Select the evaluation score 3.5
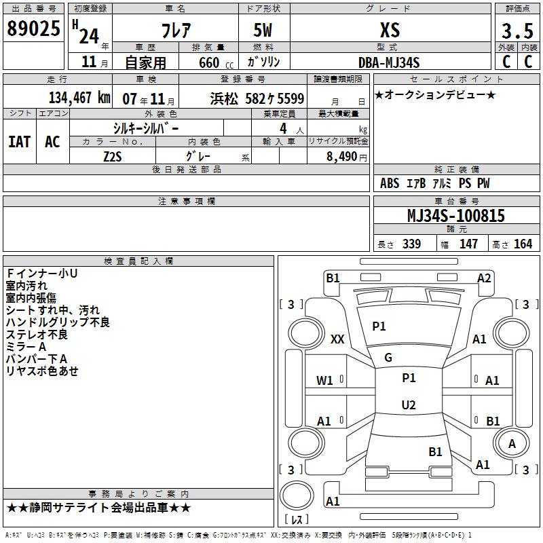(x=517, y=31)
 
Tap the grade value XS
(x=390, y=31)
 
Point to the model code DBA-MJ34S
(x=390, y=62)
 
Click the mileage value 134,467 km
(x=79, y=98)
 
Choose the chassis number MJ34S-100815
(x=455, y=216)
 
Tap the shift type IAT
(x=20, y=141)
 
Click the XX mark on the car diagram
(x=337, y=339)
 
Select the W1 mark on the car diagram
(x=325, y=380)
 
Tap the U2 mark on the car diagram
(x=409, y=405)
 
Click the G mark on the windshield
(x=388, y=358)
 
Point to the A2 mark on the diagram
(x=484, y=278)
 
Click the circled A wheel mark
(x=512, y=443)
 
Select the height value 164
(x=523, y=244)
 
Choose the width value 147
(x=468, y=244)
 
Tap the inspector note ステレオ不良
(x=37, y=334)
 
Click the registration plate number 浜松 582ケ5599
(x=257, y=98)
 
